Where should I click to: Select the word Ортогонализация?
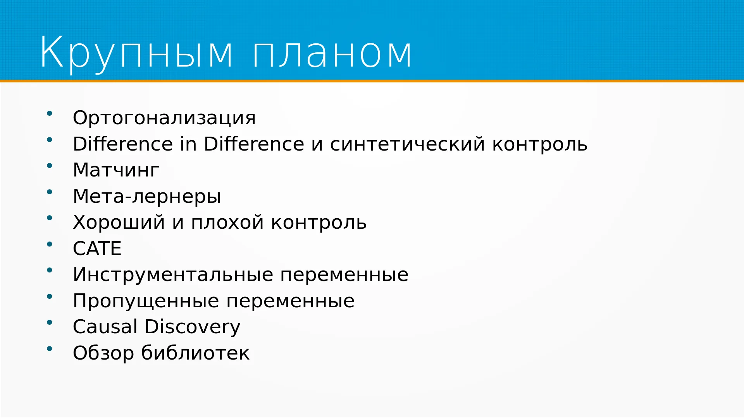(164, 118)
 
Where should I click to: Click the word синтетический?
(408, 144)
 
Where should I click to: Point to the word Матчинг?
(116, 170)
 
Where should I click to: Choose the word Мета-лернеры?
(147, 197)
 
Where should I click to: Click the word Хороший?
(119, 222)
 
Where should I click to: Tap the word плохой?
(227, 223)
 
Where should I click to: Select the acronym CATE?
(97, 248)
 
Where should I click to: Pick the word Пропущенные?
(147, 301)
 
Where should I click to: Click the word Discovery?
(193, 327)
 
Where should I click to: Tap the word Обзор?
(103, 353)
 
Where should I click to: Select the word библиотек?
(195, 353)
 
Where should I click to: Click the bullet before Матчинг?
(50, 166)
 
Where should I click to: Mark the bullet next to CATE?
(50, 244)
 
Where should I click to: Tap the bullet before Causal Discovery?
(50, 322)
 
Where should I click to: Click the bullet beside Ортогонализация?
(50, 113)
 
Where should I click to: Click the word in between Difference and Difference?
(188, 144)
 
